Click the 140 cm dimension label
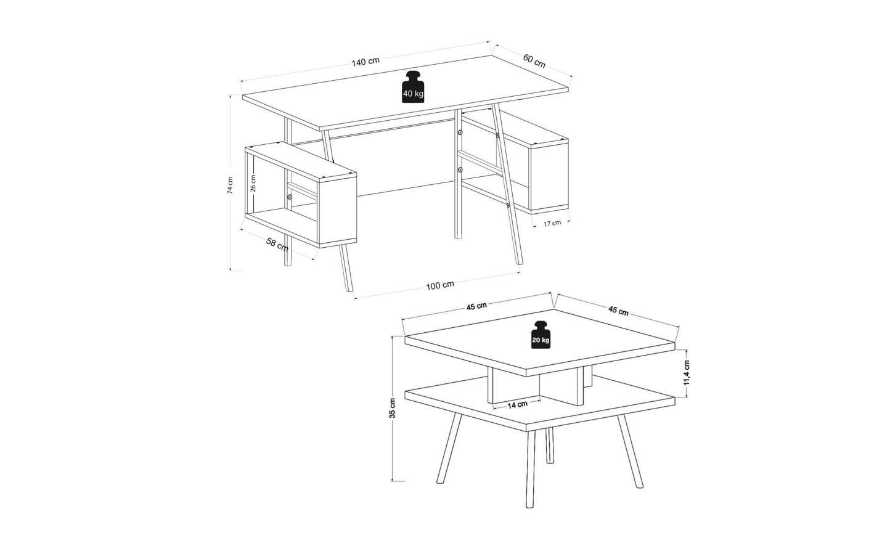(x=365, y=62)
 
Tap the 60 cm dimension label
(x=534, y=61)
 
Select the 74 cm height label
(x=230, y=185)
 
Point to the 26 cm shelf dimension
(x=253, y=183)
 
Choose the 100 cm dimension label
(x=440, y=285)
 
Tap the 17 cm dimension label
(x=552, y=223)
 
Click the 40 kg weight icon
(x=413, y=87)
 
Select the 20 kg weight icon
(x=541, y=335)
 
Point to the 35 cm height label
(x=392, y=408)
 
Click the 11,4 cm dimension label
(x=687, y=373)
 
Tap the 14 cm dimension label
(x=517, y=404)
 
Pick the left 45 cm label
(x=476, y=306)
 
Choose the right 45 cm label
(x=618, y=311)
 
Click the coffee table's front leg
(x=530, y=469)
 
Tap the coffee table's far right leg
(x=630, y=451)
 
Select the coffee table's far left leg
(x=449, y=448)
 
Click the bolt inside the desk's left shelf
(x=290, y=197)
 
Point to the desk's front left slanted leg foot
(x=349, y=289)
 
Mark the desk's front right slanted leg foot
(x=520, y=263)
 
